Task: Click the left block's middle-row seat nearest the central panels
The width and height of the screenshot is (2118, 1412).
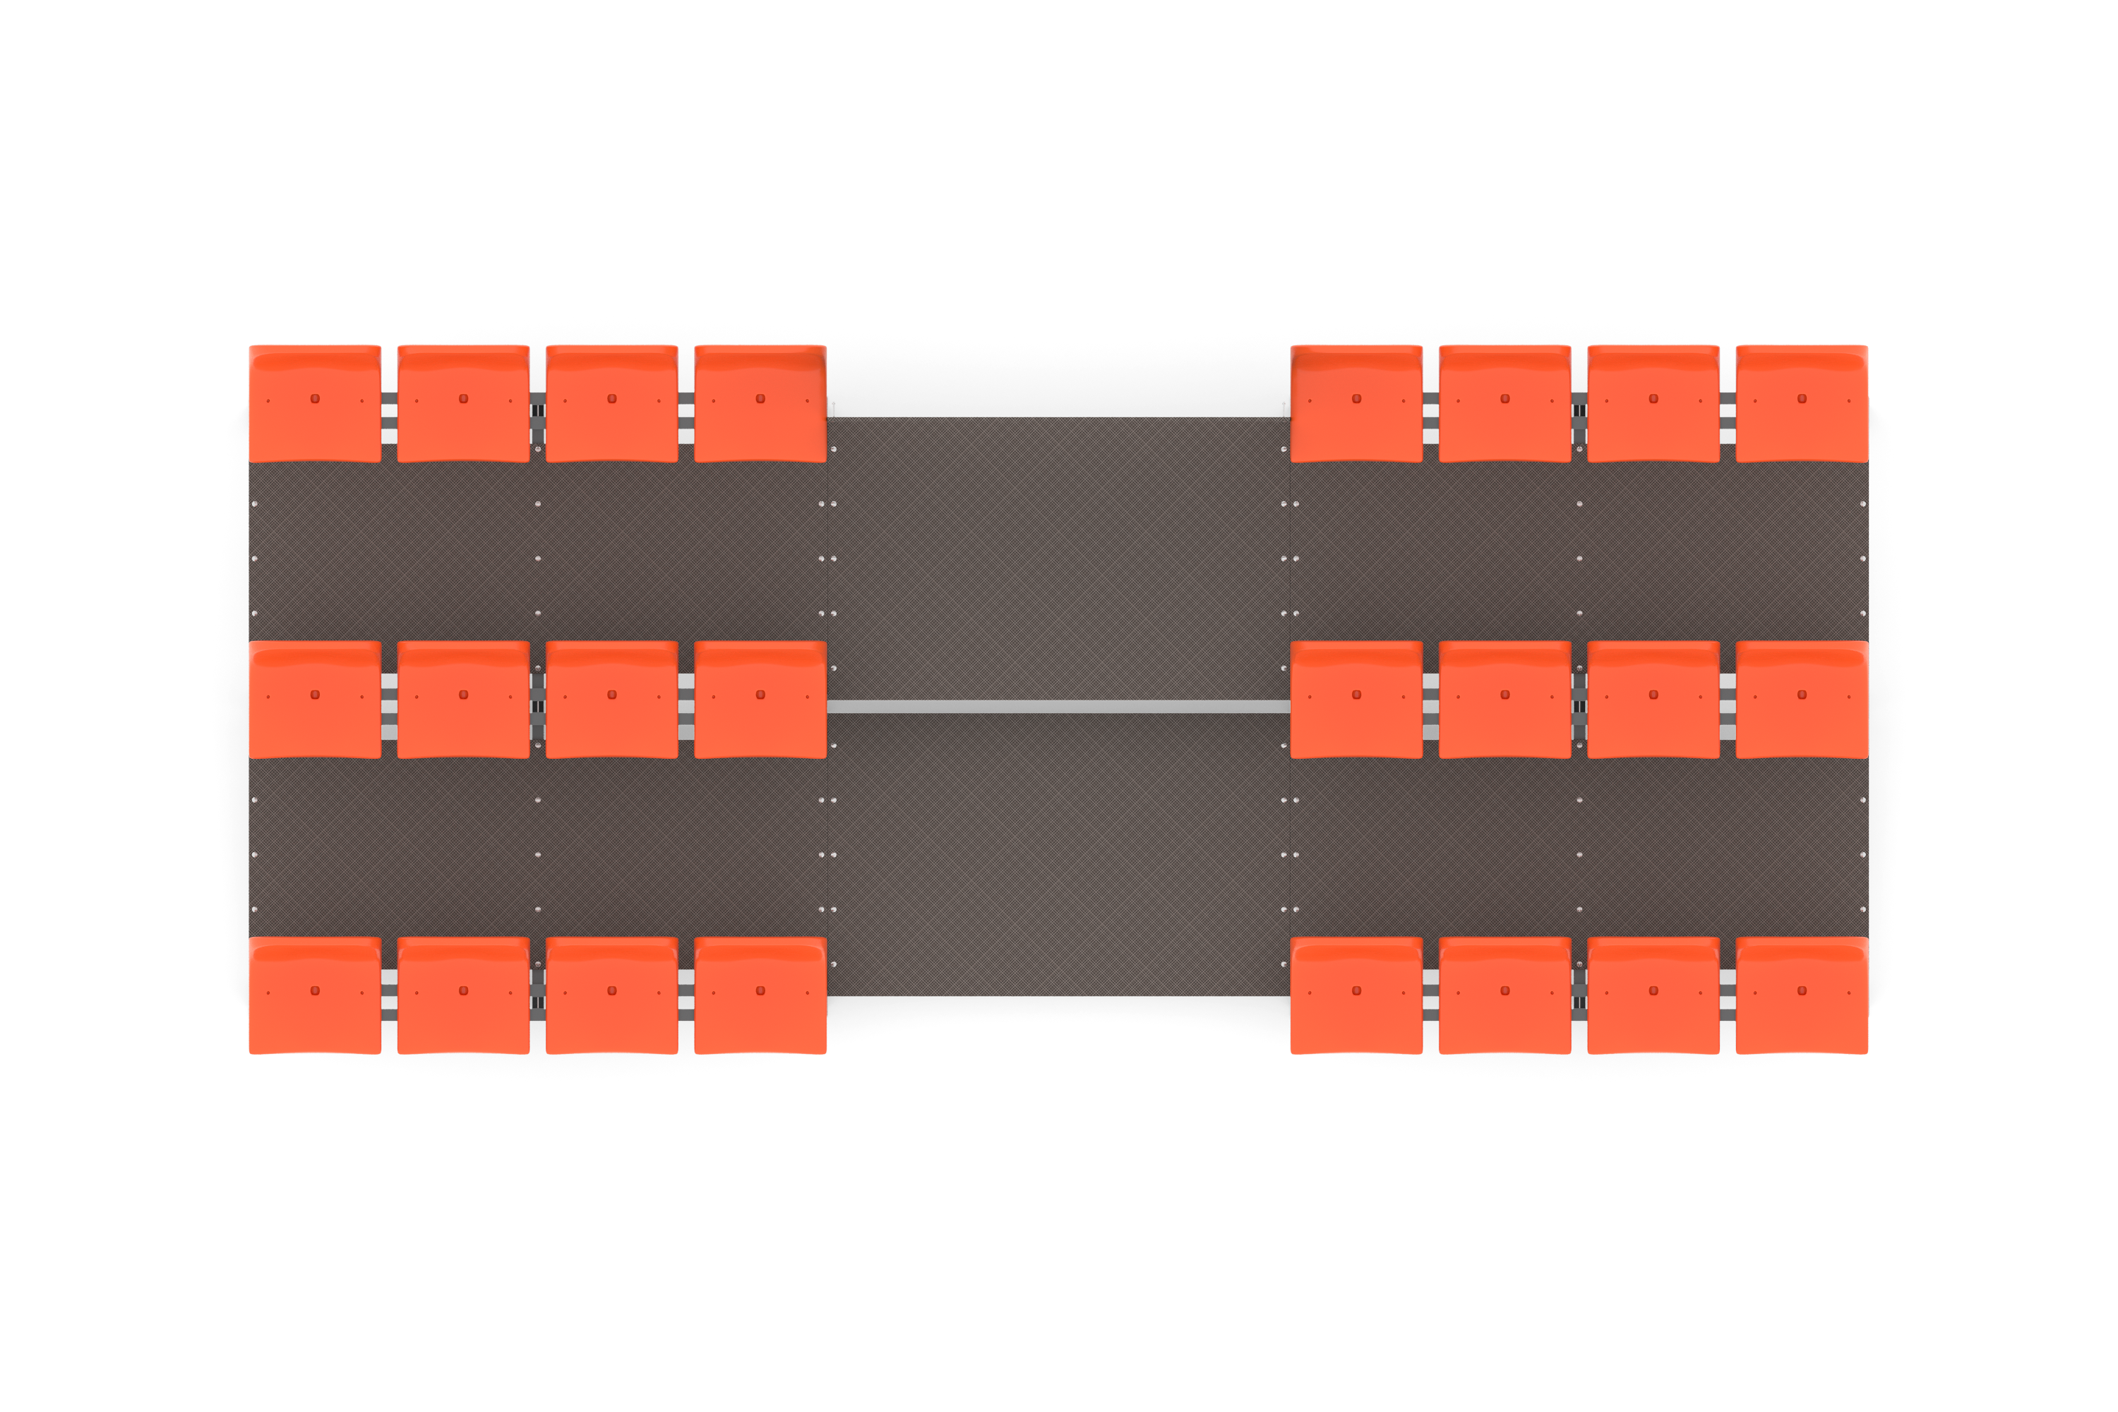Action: click(760, 700)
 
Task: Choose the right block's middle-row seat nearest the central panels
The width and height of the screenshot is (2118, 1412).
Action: click(1356, 700)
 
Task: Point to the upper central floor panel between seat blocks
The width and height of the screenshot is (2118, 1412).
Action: click(1058, 558)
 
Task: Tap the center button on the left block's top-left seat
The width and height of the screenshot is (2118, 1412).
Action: click(315, 398)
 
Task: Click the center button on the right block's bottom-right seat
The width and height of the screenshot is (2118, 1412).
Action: click(1802, 991)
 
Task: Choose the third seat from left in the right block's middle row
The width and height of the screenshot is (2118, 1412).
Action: click(1653, 700)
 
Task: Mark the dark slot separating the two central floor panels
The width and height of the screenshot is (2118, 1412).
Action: click(1058, 707)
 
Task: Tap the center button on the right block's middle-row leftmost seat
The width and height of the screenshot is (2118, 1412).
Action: click(1357, 694)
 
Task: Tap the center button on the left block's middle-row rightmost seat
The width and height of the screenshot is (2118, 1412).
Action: click(761, 694)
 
